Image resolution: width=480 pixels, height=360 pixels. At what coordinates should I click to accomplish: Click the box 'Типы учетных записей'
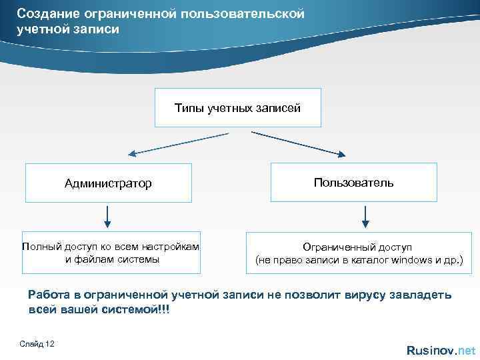[238, 107]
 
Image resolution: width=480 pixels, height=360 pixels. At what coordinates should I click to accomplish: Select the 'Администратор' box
[108, 183]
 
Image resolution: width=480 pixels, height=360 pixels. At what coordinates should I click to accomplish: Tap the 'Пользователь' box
[353, 182]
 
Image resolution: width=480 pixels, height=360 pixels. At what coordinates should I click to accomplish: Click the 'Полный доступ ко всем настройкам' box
[111, 253]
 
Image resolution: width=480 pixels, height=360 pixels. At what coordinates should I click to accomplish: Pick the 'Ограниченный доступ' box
[359, 253]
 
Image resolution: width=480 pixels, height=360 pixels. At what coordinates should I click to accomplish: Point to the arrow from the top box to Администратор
[178, 144]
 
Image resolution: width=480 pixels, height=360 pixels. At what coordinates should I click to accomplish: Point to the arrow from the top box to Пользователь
[298, 144]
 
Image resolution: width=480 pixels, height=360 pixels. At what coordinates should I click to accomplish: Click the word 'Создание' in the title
[42, 13]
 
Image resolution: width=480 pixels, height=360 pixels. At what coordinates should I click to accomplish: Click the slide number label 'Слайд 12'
[38, 343]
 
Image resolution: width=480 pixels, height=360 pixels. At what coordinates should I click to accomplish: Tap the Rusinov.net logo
[441, 350]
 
